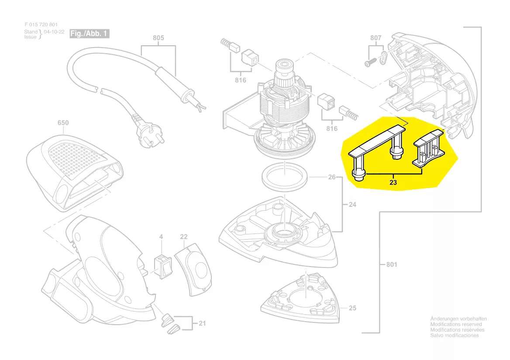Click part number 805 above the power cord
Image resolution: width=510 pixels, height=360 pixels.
pos(158,38)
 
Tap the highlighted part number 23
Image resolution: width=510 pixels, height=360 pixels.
pos(393,183)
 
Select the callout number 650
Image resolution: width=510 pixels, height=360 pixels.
pos(63,123)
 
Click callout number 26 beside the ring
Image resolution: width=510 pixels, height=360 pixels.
pos(332,177)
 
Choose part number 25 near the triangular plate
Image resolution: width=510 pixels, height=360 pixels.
pos(352,308)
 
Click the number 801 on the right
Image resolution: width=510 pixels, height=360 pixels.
pos(392,264)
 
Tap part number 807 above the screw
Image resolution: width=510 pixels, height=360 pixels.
pos(376,38)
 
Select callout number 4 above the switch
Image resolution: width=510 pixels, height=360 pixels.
pos(161,237)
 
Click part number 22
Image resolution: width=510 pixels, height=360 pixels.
pos(184,237)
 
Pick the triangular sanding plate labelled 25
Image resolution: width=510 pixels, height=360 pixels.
pos(300,298)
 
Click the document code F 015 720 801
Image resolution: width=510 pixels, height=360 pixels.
pos(41,25)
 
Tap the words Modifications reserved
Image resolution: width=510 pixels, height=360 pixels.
pos(456,324)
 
